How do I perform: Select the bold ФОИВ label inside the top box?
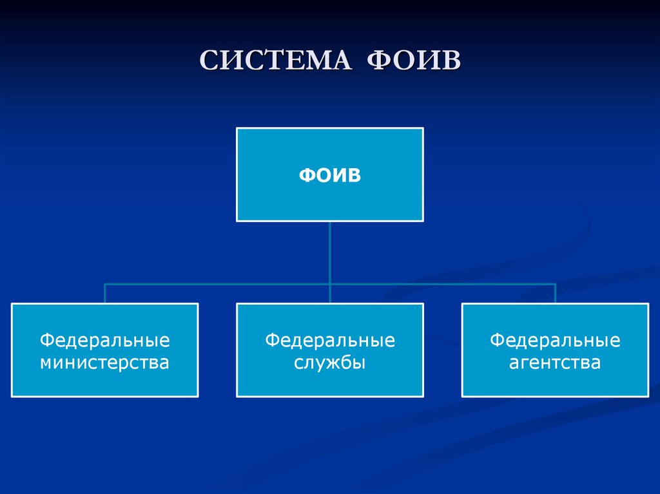(329, 175)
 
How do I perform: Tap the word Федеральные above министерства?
(104, 340)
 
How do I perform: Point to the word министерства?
(104, 363)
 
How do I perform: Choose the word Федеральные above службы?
(330, 340)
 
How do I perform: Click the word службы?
(330, 363)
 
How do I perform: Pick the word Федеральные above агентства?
(555, 340)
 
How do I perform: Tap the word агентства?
(555, 363)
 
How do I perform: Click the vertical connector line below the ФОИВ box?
(330, 251)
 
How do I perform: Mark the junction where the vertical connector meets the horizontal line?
(330, 284)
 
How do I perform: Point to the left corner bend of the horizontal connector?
(105, 284)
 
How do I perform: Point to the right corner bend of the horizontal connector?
(555, 284)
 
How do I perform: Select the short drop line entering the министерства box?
(105, 294)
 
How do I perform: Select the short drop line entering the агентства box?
(555, 294)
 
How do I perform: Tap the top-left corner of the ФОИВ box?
(237, 129)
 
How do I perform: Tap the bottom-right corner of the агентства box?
(648, 395)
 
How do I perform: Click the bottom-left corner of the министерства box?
(12, 395)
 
